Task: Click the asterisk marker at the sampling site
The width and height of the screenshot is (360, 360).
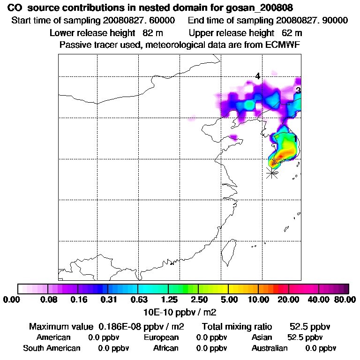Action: click(x=272, y=173)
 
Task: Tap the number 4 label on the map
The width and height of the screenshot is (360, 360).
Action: click(x=257, y=76)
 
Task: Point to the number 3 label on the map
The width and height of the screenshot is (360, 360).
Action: click(x=298, y=90)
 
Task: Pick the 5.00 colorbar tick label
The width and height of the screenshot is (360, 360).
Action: click(x=228, y=300)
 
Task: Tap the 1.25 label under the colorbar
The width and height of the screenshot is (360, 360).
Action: click(x=168, y=300)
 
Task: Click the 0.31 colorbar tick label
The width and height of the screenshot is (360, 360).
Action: click(x=108, y=300)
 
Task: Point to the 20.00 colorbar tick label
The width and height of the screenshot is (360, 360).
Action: click(x=288, y=300)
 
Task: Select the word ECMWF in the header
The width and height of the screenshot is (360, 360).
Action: click(x=284, y=45)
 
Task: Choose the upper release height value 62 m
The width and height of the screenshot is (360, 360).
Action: click(x=292, y=33)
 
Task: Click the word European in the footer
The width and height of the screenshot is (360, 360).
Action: click(x=161, y=337)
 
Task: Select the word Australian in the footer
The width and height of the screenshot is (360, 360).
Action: click(x=270, y=348)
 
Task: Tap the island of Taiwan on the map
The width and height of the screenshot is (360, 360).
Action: click(x=229, y=251)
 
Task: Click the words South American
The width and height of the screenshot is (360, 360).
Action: click(x=52, y=348)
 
